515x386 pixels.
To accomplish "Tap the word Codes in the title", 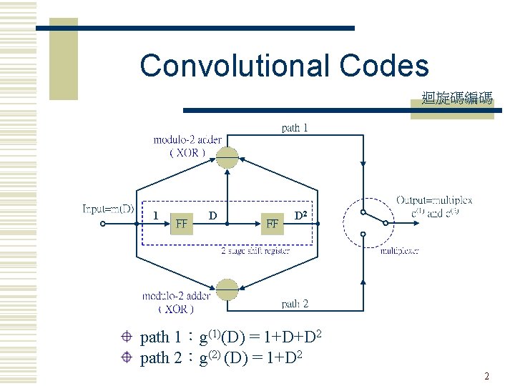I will (x=384, y=66).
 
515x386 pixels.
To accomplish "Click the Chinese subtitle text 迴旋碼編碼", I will (x=457, y=99).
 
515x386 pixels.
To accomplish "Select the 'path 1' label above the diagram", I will (x=295, y=128).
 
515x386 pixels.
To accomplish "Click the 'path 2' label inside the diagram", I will (x=295, y=304).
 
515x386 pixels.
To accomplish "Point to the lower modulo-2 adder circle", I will (x=227, y=289).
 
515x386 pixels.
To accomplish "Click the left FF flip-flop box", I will (x=182, y=223).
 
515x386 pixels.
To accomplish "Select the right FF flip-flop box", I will (x=272, y=223).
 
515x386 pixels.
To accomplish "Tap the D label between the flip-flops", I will (x=212, y=215).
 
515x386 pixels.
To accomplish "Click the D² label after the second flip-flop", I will (x=302, y=215).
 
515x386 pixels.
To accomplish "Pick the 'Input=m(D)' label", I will (x=108, y=209).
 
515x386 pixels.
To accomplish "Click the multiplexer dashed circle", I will (x=367, y=223).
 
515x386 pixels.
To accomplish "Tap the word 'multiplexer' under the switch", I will (x=399, y=251).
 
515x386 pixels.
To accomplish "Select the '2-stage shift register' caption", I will (x=255, y=251).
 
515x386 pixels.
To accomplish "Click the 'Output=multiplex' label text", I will (x=434, y=201).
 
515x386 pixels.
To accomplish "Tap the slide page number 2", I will (x=486, y=376).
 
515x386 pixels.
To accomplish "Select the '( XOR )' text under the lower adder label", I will (x=176, y=309).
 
